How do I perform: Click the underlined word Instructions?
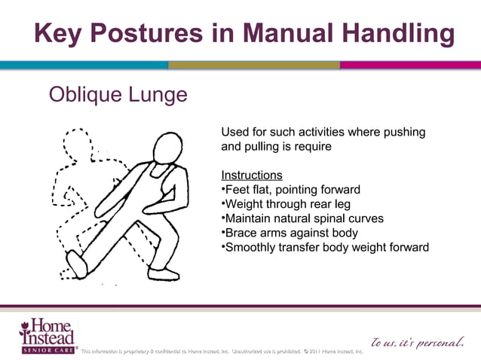pos(252,175)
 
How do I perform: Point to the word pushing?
pos(405,133)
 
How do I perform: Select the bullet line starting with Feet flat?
pos(291,190)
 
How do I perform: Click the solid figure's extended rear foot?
pos(77,263)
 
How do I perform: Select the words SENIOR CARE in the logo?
pos(47,350)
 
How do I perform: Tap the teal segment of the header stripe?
pos(83,66)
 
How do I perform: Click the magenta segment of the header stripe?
pos(410,66)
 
